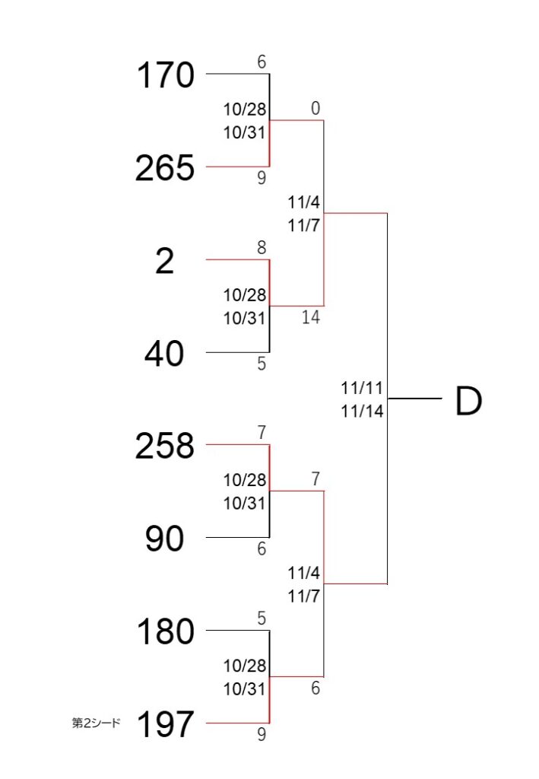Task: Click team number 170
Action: (x=165, y=75)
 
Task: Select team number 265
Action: (x=165, y=167)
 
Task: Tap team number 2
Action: (x=165, y=261)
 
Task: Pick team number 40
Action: (x=164, y=354)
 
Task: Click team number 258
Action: (x=165, y=445)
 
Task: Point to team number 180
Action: (x=165, y=631)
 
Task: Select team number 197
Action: (x=165, y=724)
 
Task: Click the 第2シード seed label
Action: (x=97, y=723)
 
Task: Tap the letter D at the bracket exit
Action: (x=468, y=401)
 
